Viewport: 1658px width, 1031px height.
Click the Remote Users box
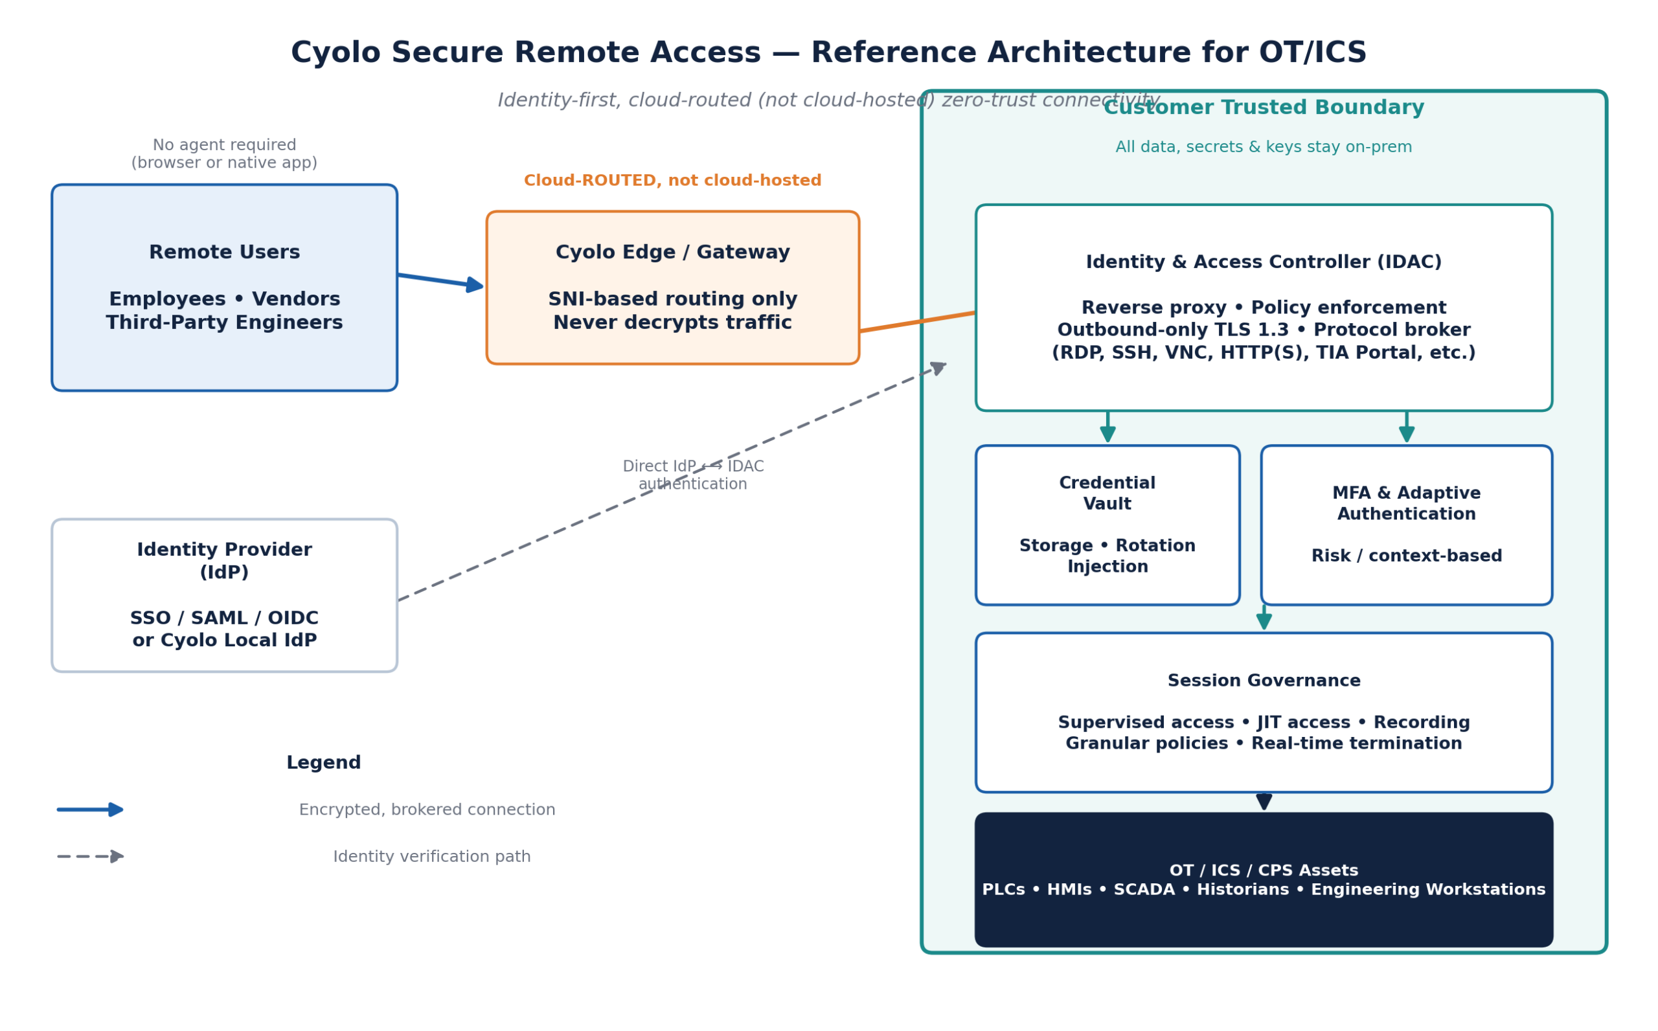point(224,288)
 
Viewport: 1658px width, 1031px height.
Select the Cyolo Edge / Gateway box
point(673,288)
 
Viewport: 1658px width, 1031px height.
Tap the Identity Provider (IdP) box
point(224,595)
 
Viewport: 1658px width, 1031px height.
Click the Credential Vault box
point(1108,525)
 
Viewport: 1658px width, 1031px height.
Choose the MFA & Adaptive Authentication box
point(1407,525)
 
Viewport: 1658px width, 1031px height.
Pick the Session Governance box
point(1264,712)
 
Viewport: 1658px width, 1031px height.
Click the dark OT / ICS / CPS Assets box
point(1264,879)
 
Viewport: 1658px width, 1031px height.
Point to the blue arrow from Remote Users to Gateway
point(441,281)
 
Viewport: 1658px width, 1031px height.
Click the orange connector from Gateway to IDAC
point(918,323)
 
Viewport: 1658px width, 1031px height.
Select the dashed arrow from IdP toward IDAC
point(672,482)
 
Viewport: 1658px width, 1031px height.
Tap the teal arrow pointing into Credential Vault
point(1108,427)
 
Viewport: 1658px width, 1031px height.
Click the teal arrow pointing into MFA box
point(1407,427)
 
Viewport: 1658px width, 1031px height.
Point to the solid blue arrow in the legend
point(91,810)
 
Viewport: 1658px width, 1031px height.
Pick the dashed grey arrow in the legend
point(91,857)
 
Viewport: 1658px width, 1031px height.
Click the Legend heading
point(324,763)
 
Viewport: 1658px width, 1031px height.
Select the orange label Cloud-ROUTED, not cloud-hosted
point(673,181)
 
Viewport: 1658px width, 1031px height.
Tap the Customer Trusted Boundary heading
point(1264,108)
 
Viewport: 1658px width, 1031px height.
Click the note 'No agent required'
point(224,145)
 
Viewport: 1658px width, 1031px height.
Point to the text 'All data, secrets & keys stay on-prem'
point(1264,147)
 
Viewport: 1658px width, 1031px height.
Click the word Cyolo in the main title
point(335,53)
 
